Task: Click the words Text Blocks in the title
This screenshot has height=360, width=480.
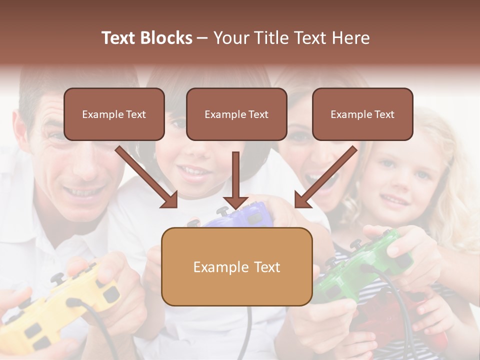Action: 147,38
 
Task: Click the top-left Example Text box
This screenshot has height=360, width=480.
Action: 114,114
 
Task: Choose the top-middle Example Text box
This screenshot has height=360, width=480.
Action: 236,114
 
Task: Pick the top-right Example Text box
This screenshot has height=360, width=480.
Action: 362,114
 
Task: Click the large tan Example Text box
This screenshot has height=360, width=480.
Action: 236,266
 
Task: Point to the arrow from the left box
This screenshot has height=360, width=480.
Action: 147,177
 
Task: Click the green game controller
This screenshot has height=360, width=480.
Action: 365,265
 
